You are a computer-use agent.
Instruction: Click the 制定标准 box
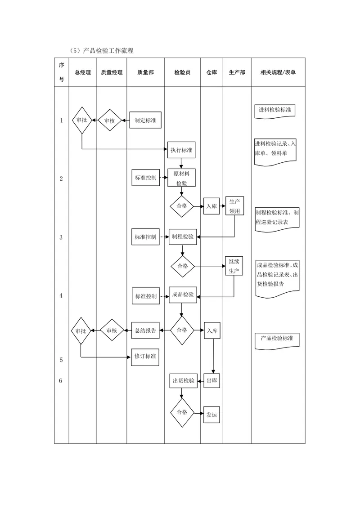[145, 120]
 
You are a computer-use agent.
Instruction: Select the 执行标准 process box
[181, 150]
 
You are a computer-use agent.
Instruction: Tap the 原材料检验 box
[182, 178]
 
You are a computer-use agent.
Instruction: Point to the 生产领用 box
[234, 206]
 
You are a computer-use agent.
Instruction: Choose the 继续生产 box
[234, 266]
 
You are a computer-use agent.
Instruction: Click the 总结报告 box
[145, 330]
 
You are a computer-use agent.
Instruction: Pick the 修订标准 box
[145, 357]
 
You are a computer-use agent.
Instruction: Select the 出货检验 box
[184, 381]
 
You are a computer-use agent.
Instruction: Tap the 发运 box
[212, 415]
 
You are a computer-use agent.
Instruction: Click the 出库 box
[212, 380]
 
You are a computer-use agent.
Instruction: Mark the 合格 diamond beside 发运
[182, 413]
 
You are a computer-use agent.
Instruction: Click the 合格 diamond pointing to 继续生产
[183, 266]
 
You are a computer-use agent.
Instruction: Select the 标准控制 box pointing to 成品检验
[146, 296]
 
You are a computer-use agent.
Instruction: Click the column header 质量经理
[112, 72]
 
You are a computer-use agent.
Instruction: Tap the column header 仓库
[211, 72]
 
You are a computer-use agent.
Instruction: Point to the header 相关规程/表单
[278, 72]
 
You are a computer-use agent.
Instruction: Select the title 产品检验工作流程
[108, 51]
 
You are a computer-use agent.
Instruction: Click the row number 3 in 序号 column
[61, 237]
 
